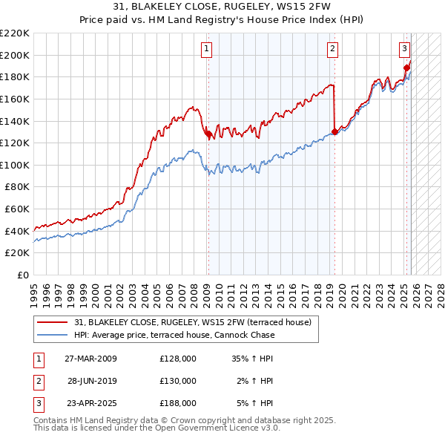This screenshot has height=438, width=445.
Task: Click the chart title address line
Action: click(x=222, y=7)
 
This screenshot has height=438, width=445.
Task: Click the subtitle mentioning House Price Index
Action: click(x=222, y=20)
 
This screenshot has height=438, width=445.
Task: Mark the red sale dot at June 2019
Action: click(x=334, y=132)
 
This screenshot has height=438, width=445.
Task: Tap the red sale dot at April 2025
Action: click(x=406, y=68)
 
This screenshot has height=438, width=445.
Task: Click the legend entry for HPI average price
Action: click(x=174, y=335)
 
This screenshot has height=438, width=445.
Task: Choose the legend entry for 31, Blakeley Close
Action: click(x=197, y=322)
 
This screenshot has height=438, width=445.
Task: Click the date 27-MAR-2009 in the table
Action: click(x=90, y=359)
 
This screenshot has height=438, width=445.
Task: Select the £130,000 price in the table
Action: click(x=178, y=381)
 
